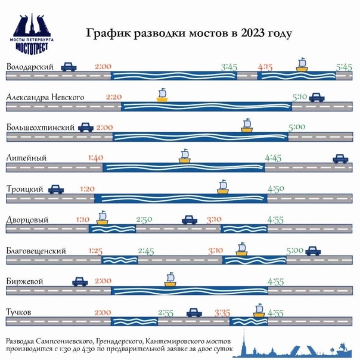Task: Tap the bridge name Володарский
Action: tap(30, 67)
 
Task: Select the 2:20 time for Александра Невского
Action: tap(113, 97)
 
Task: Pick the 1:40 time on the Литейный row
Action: tap(95, 158)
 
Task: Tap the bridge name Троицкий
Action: tap(24, 189)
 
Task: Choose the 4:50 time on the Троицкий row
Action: tap(277, 189)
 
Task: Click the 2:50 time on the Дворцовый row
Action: tap(144, 220)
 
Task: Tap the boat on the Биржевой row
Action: tap(171, 280)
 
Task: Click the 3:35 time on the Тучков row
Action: tap(222, 312)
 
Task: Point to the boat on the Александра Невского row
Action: tap(162, 95)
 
